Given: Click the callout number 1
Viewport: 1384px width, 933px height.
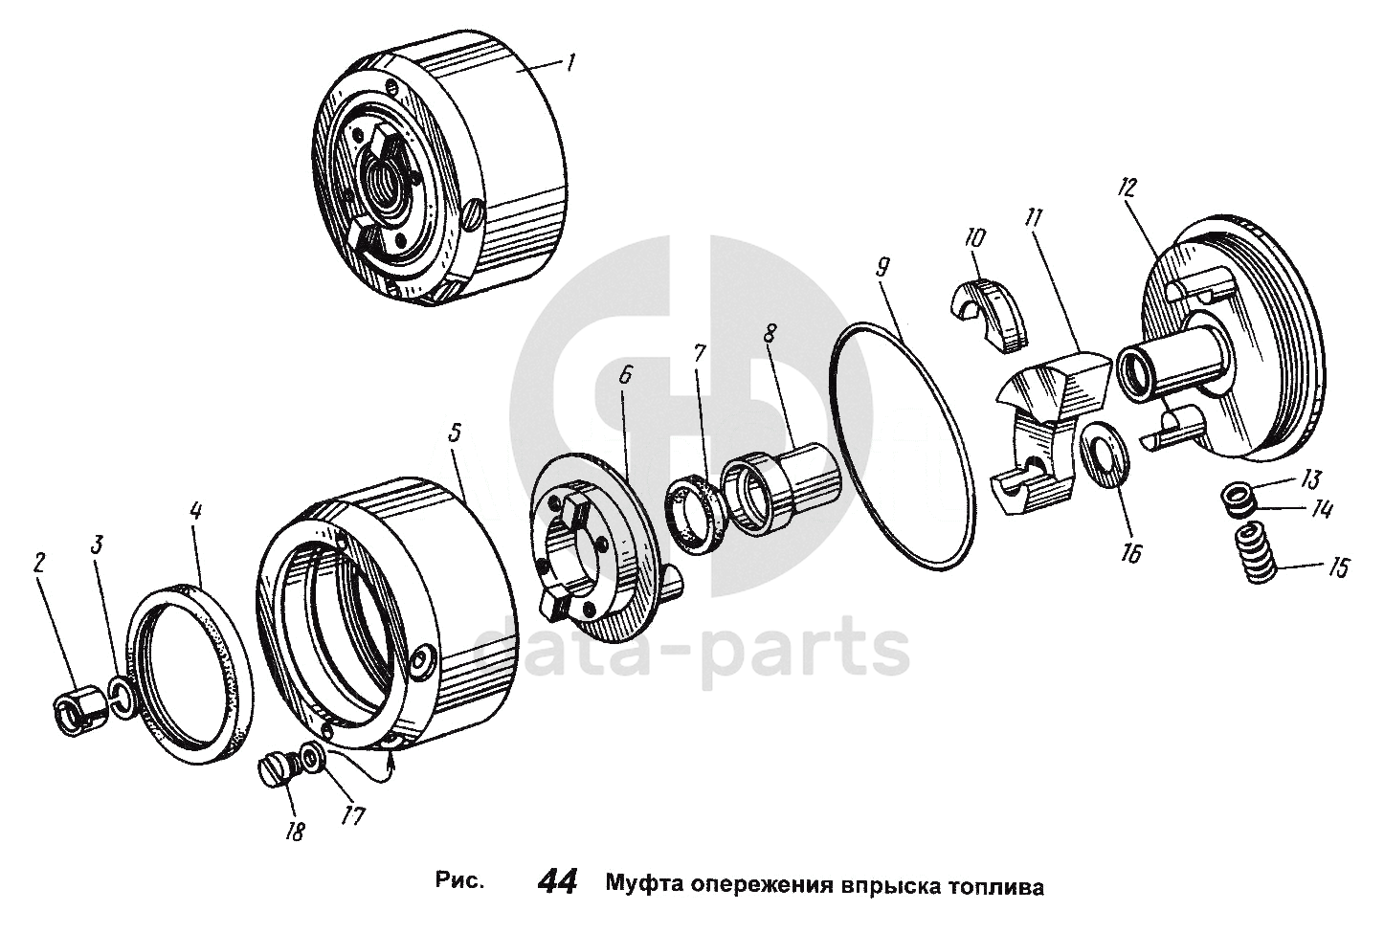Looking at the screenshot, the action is [x=570, y=62].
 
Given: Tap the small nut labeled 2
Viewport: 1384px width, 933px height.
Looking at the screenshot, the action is [x=78, y=711].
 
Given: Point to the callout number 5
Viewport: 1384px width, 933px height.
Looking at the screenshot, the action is [x=455, y=433].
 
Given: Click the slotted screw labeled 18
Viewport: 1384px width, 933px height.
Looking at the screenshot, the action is [x=277, y=770].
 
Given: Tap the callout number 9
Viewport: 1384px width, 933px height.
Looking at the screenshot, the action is [x=882, y=268].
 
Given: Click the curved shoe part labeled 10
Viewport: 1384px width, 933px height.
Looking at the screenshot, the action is [x=988, y=316].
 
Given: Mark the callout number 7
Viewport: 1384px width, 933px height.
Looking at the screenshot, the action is [x=699, y=353].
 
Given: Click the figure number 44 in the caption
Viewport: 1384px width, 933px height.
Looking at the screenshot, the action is [x=557, y=882].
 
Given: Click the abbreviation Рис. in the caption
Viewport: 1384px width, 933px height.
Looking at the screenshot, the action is [x=459, y=881].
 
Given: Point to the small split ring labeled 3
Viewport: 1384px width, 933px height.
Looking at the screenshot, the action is [x=123, y=698].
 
